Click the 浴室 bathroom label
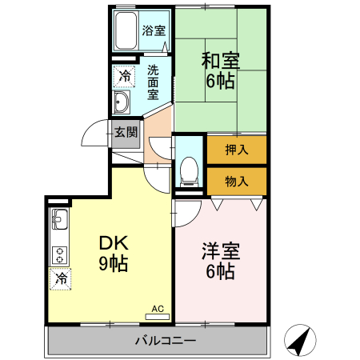click(154, 31)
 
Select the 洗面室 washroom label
click(154, 82)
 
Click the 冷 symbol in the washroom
click(124, 77)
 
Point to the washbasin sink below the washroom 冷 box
click(122, 102)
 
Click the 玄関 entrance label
click(126, 133)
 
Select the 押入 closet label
click(236, 150)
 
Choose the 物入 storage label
click(236, 181)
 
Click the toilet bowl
click(190, 169)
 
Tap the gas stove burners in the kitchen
click(60, 254)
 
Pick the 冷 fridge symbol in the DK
click(61, 278)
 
